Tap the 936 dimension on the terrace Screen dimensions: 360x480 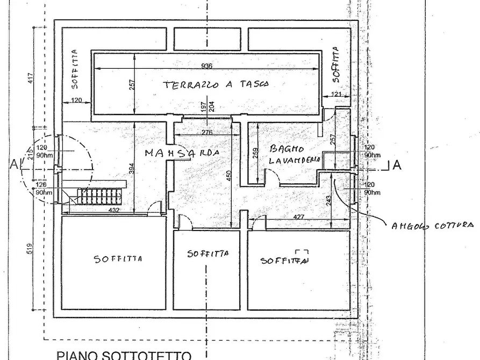click(207, 66)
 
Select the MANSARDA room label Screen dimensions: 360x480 click(183, 153)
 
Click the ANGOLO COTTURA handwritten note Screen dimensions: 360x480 click(433, 226)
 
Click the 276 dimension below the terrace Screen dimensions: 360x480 click(206, 132)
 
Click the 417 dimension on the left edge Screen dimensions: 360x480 click(30, 80)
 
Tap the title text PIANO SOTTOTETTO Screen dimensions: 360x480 click(124, 355)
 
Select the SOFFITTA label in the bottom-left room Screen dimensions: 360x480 click(118, 260)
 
